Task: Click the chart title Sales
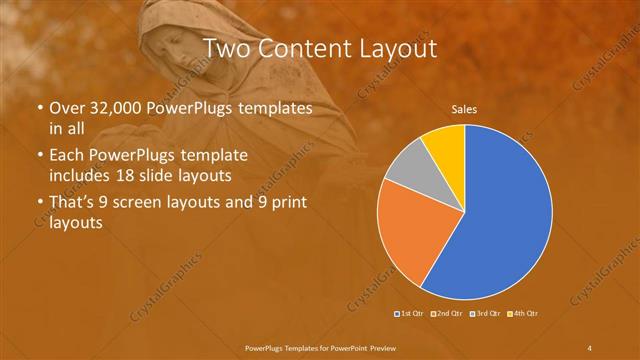click(x=464, y=109)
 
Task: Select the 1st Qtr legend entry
click(x=411, y=314)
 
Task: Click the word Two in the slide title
click(x=226, y=47)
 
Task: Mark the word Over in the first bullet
click(x=68, y=107)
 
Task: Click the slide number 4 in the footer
click(x=590, y=347)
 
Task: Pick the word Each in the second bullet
click(x=68, y=156)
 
